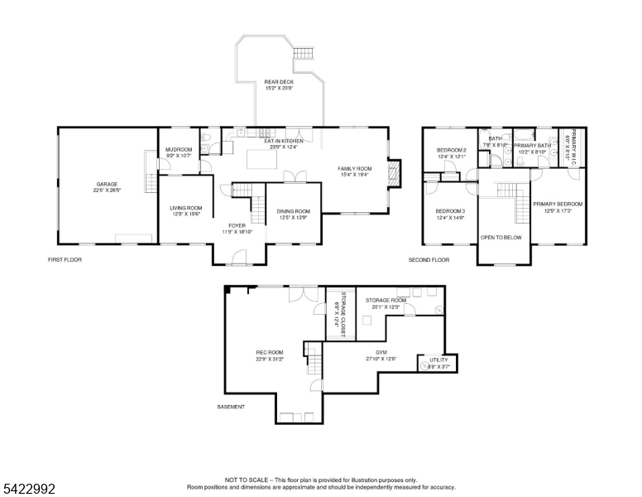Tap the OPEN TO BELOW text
(x=501, y=237)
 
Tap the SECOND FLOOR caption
(x=429, y=260)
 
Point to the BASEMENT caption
(x=231, y=407)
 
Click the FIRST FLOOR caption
(x=65, y=260)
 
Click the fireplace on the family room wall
(x=395, y=174)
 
